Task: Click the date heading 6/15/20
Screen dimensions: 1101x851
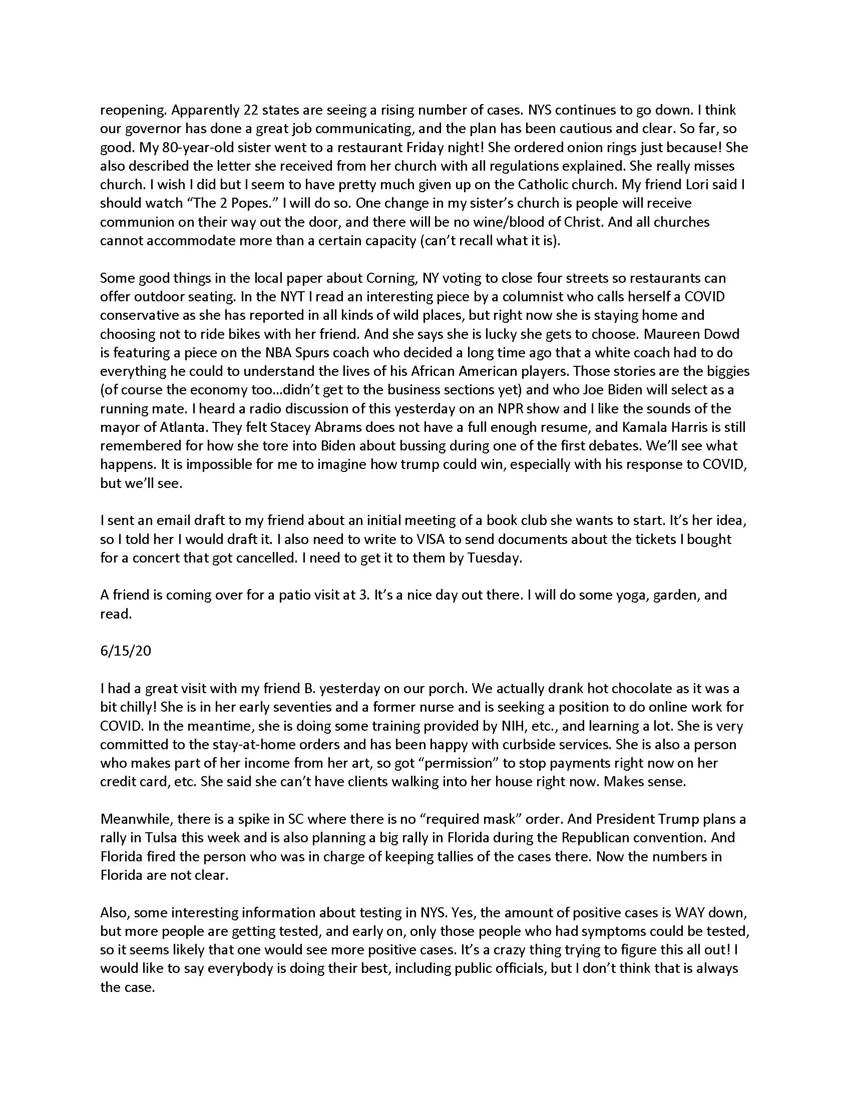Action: [126, 651]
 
